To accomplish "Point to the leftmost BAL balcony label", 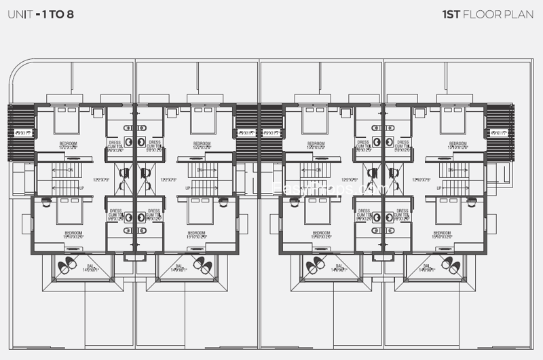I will (x=90, y=268).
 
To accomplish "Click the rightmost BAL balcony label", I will (x=427, y=268).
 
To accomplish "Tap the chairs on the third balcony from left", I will (x=314, y=266).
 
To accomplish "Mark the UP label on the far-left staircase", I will (x=82, y=187).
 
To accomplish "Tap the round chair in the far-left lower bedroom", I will (x=45, y=202).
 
